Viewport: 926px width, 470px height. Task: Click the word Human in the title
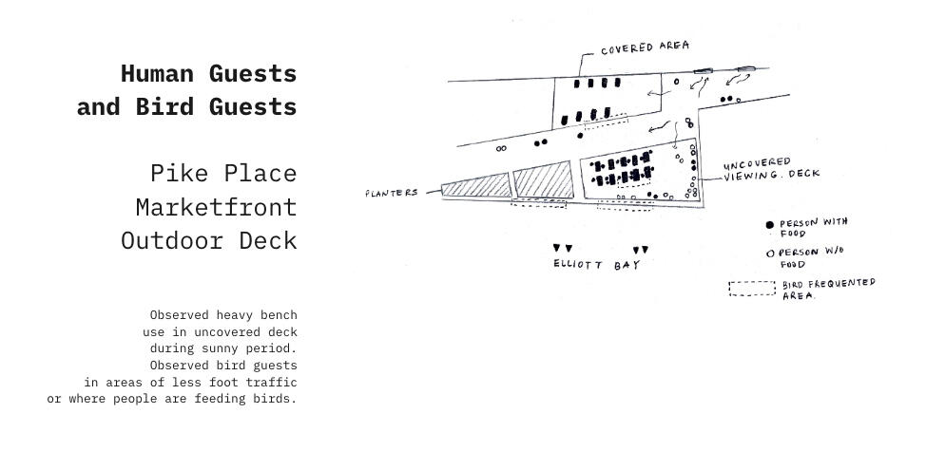(x=157, y=74)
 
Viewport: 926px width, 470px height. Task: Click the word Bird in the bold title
(x=164, y=106)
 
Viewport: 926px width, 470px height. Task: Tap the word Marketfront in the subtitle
(x=216, y=208)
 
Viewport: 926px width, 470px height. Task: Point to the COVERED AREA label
(x=645, y=47)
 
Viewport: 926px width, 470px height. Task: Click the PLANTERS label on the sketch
(x=392, y=193)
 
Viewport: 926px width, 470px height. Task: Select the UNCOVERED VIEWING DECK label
(x=771, y=169)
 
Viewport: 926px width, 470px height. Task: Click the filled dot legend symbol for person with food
(x=769, y=225)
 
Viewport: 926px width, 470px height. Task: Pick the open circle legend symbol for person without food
(x=770, y=254)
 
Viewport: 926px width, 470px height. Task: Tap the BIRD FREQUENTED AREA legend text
(x=829, y=290)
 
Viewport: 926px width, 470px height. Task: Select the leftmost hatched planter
(x=476, y=186)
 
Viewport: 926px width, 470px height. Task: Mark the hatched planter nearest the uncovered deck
(x=543, y=180)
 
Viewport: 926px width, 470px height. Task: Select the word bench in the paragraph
(x=279, y=315)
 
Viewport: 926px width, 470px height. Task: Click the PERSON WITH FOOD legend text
(x=813, y=228)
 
